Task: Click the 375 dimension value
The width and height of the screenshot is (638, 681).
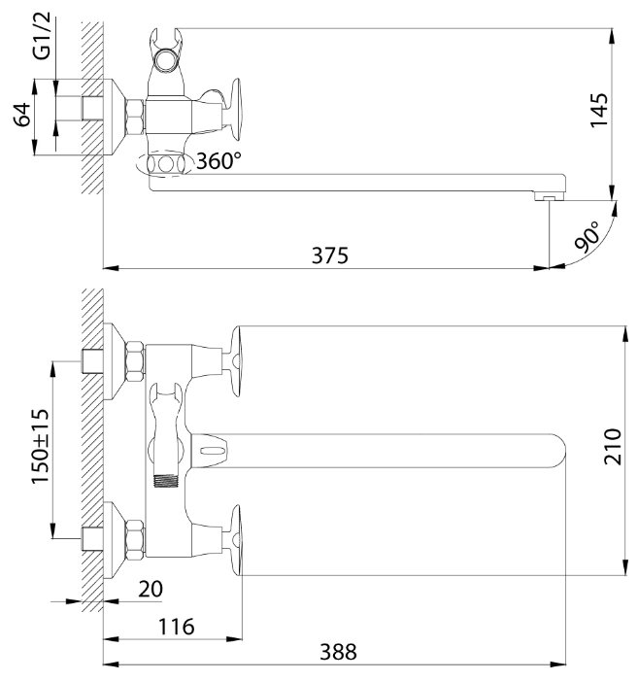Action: pos(330,255)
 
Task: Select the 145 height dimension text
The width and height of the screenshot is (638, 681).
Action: pos(599,111)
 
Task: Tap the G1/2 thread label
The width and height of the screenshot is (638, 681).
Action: pos(42,36)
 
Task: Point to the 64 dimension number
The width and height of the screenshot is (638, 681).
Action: pos(22,115)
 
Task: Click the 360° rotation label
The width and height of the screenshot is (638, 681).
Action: pos(218,161)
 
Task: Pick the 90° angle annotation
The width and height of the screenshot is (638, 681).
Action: pos(587,237)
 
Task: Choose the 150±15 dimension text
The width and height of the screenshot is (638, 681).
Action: pos(41,446)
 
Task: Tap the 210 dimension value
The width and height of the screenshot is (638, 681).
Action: pos(613,447)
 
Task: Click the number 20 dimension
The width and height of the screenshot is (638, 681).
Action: pos(151,589)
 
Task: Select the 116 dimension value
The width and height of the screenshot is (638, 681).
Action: pos(176,627)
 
